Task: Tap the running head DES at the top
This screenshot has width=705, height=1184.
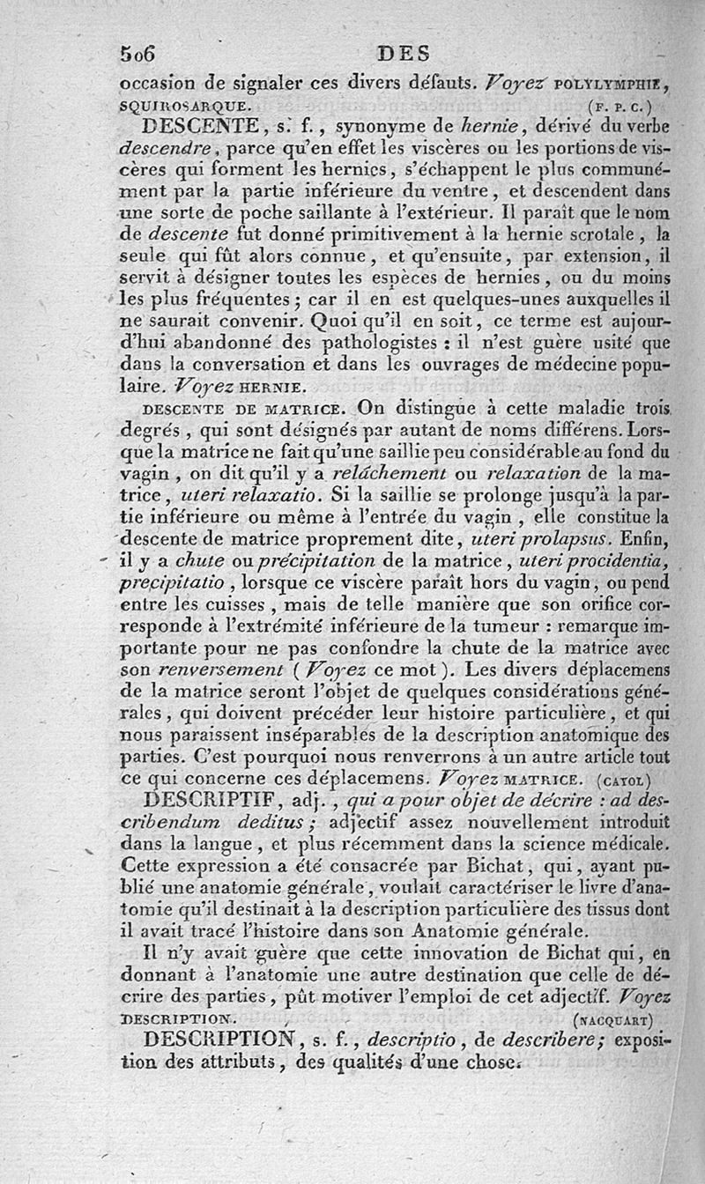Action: click(403, 55)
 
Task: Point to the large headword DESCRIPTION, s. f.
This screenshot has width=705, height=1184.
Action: click(219, 1039)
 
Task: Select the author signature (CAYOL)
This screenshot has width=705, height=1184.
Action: click(624, 780)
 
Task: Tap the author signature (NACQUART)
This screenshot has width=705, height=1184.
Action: click(612, 1020)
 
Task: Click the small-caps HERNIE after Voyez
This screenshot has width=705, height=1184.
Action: click(271, 386)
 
